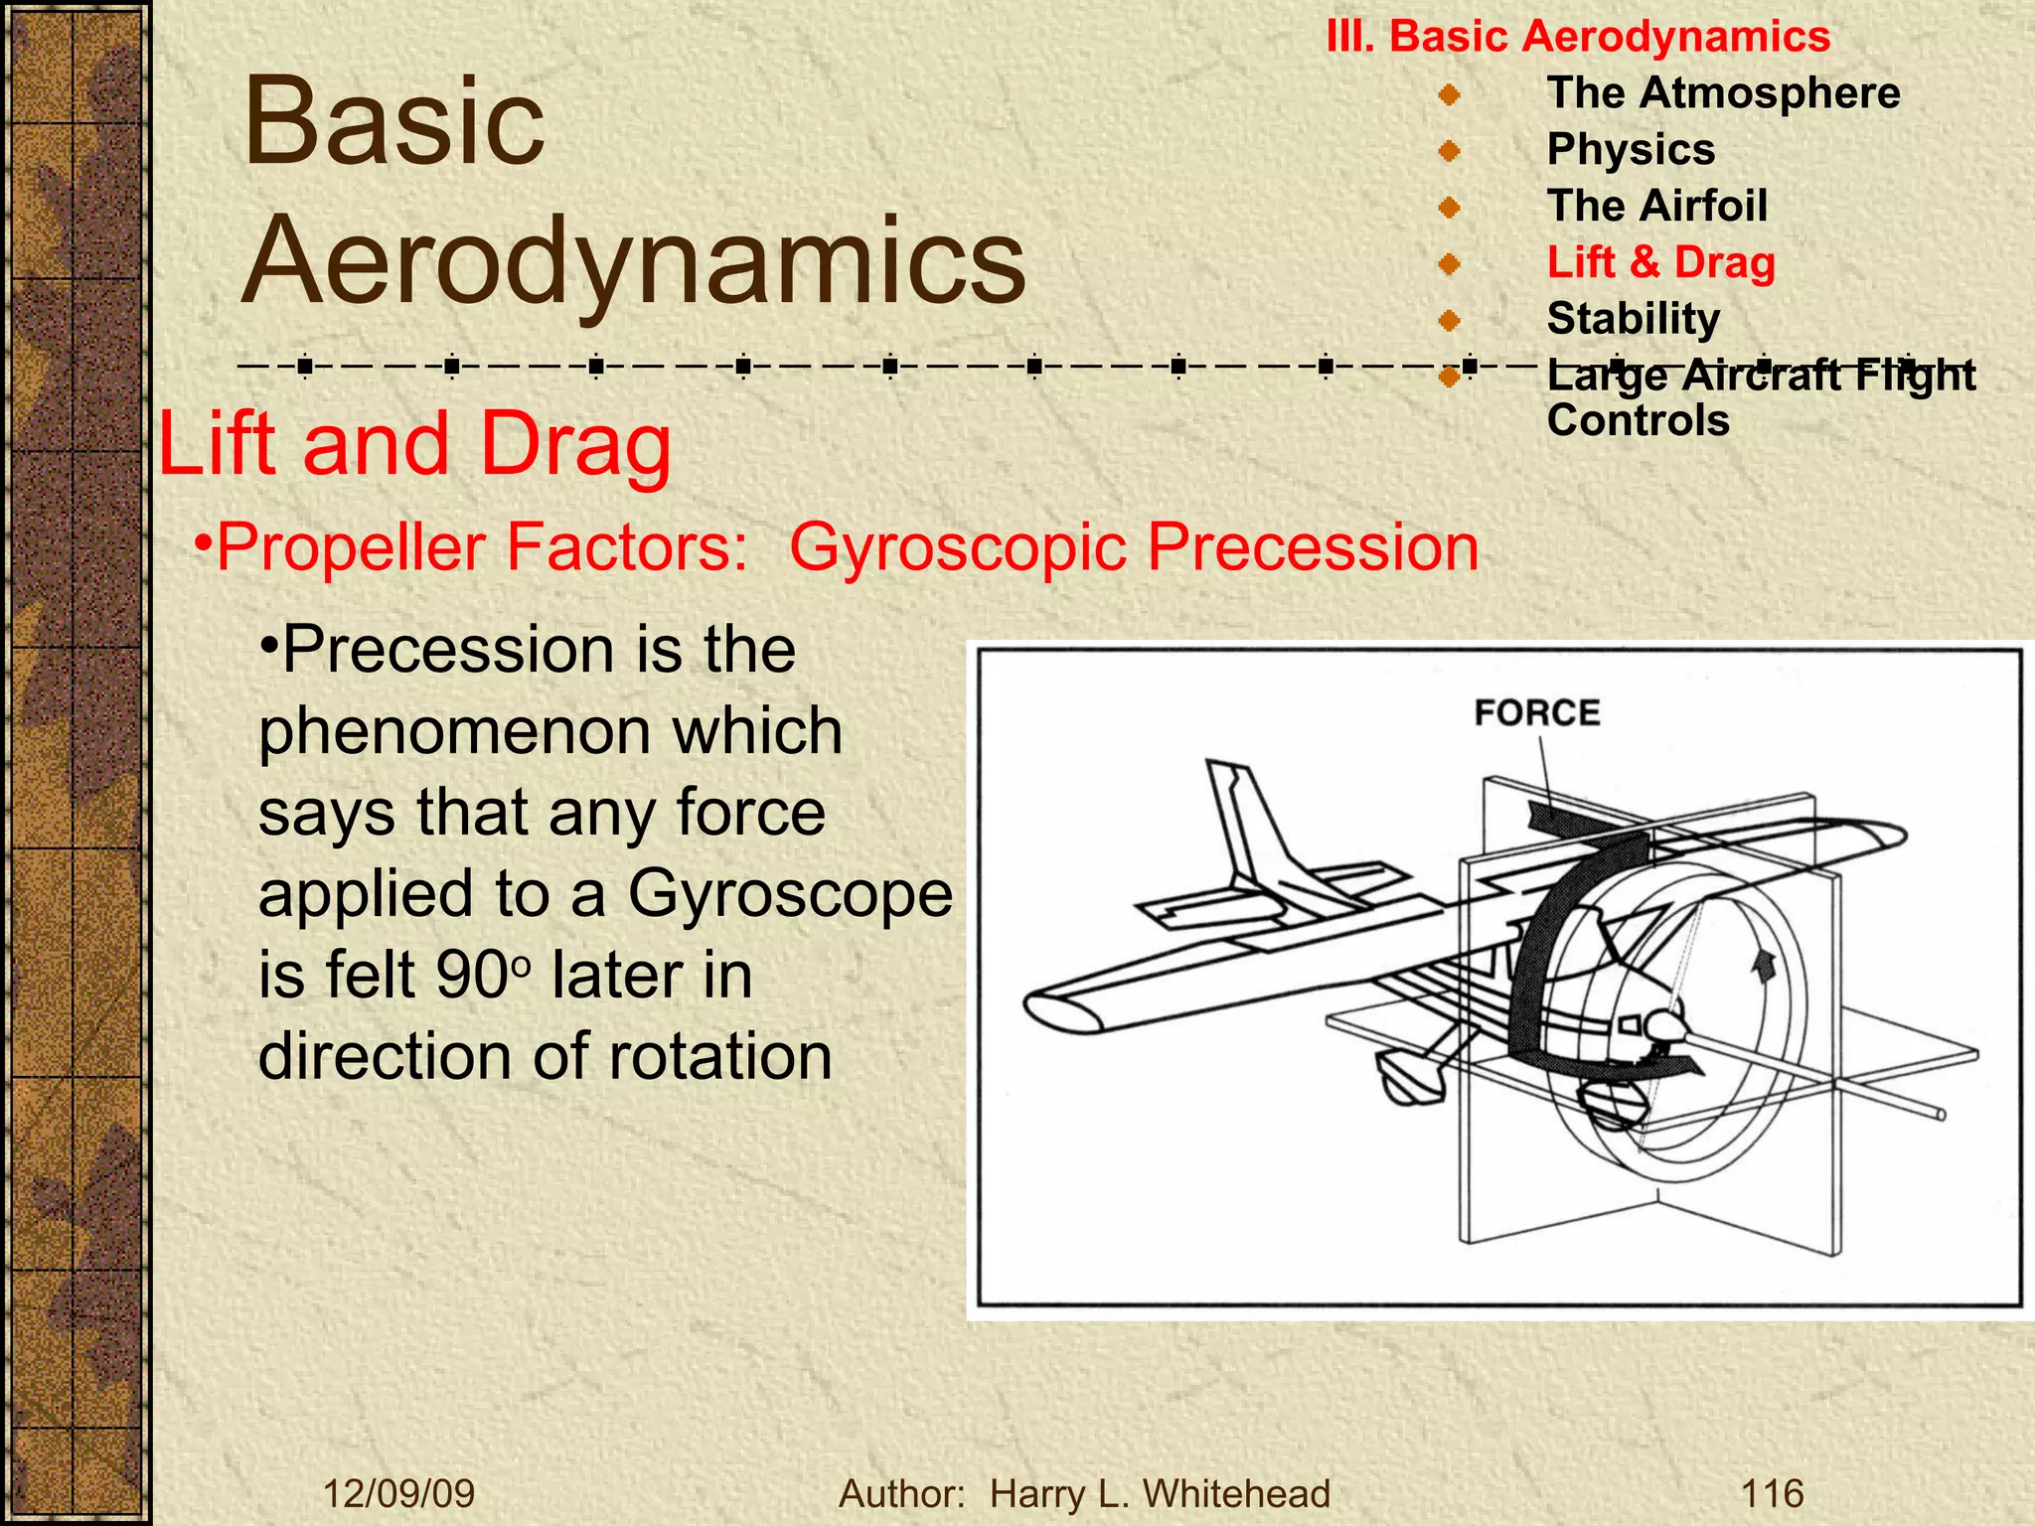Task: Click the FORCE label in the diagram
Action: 1536,712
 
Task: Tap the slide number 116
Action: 1772,1493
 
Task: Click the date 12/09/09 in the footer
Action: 399,1493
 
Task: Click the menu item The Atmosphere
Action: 1723,93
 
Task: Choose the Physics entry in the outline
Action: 1631,150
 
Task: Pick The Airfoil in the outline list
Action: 1656,207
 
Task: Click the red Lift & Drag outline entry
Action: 1660,263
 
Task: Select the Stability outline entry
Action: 1633,319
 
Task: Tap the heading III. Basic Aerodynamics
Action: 1578,37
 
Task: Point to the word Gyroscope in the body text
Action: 790,893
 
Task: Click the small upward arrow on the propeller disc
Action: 1764,965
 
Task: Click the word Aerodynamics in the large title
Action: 634,260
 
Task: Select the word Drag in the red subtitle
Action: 575,444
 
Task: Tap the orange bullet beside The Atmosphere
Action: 1449,95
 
